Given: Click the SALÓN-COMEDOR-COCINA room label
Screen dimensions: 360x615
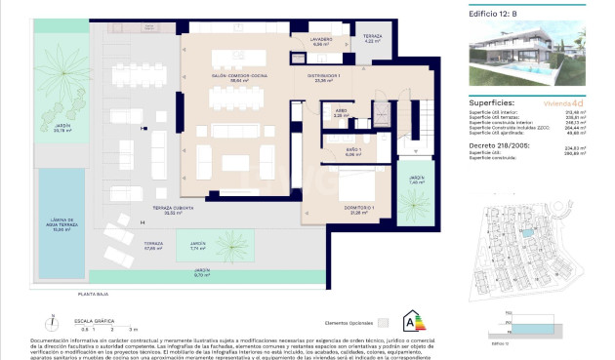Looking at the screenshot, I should pos(239,76).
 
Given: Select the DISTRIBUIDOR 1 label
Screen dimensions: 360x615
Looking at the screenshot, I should pos(325,77).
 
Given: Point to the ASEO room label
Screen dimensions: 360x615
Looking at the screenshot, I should pos(341,112).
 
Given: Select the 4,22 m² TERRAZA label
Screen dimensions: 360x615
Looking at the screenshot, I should pos(373,38).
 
